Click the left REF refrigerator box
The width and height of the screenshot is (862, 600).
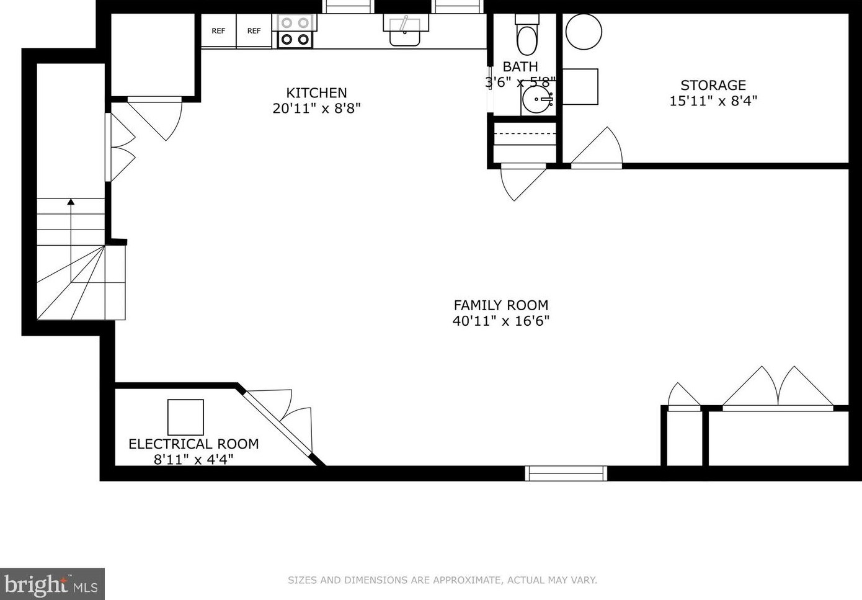tap(218, 30)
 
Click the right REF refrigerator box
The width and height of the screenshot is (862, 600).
tap(254, 30)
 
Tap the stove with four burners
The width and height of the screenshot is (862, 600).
tap(295, 31)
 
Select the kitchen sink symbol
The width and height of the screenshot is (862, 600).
tap(405, 31)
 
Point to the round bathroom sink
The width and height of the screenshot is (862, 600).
tap(537, 99)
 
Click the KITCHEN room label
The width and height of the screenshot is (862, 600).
tap(316, 93)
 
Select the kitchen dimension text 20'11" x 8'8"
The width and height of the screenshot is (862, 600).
tap(316, 109)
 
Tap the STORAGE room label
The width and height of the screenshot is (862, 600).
tap(713, 86)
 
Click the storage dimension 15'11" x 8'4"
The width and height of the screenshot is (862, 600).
tap(713, 101)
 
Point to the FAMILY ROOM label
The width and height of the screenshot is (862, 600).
tap(501, 305)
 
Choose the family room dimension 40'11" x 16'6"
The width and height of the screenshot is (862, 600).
tap(501, 321)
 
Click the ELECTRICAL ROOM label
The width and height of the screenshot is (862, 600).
tap(193, 444)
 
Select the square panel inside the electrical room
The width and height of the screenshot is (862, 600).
tap(185, 417)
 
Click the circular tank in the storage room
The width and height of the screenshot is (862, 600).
tap(584, 32)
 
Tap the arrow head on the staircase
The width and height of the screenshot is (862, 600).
tap(71, 202)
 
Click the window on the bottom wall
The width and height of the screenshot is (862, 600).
tap(566, 473)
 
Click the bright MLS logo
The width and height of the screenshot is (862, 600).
tap(52, 584)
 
